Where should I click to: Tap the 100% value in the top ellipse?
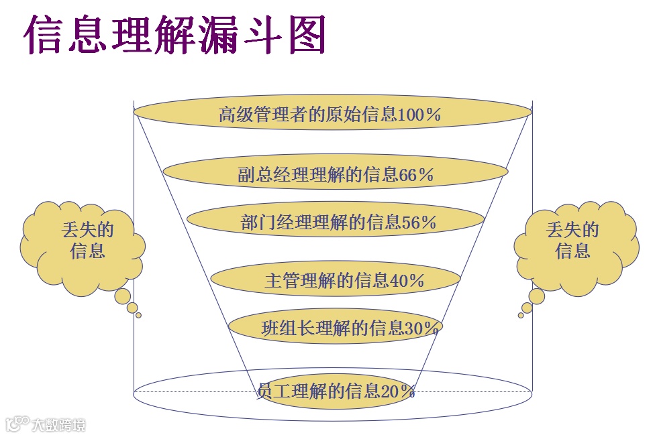pyautogui.click(x=419, y=115)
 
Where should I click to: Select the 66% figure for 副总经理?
pyautogui.click(x=416, y=175)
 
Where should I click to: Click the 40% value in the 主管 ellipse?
pyautogui.click(x=407, y=281)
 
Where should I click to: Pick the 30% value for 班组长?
pyautogui.click(x=421, y=328)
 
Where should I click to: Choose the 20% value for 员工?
pyautogui.click(x=397, y=391)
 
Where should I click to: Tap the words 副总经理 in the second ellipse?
pyautogui.click(x=262, y=175)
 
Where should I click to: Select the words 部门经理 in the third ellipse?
pyautogui.click(x=264, y=223)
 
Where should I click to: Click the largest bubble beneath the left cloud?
pyautogui.click(x=123, y=296)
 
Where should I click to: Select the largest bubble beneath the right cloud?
pyautogui.click(x=537, y=296)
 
